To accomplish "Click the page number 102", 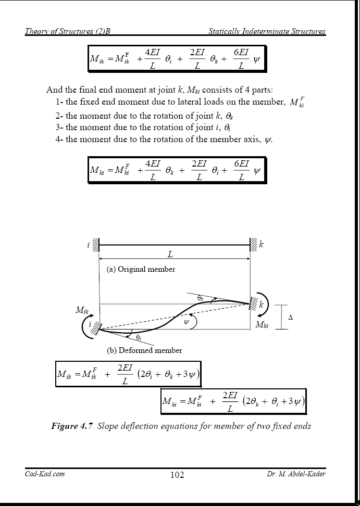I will point(177,475).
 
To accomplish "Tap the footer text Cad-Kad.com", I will point(44,473).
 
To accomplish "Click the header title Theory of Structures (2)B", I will point(67,31).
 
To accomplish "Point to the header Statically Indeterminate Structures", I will point(267,31).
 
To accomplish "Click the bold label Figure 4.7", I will point(72,426).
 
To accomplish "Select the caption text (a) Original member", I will point(141,269).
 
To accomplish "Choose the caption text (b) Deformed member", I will point(144,350).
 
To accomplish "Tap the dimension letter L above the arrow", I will point(170,254).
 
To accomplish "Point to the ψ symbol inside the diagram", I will point(186,322).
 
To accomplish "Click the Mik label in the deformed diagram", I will point(82,310).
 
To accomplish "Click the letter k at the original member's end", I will point(261,243).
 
